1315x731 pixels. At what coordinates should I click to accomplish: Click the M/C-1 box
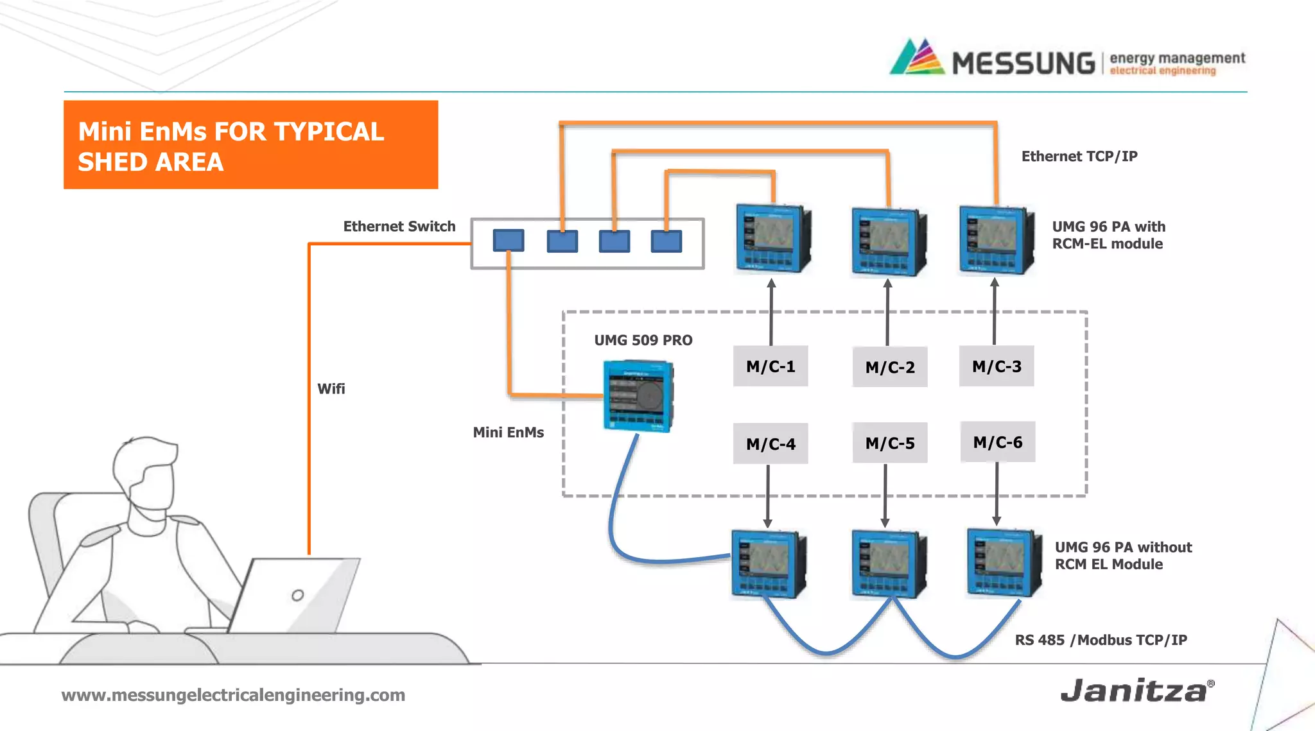click(x=771, y=366)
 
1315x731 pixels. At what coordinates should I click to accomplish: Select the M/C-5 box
click(x=890, y=443)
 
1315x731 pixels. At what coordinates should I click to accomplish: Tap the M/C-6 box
click(x=998, y=442)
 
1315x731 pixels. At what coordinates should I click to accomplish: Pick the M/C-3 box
click(x=997, y=366)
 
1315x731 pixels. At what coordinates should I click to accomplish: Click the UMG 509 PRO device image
click(x=639, y=396)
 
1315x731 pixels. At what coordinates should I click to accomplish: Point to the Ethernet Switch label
click(x=399, y=227)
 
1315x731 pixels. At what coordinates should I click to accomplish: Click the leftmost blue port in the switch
click(x=509, y=241)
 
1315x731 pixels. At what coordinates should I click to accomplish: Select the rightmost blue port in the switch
click(x=666, y=241)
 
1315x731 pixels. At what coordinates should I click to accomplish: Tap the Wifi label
click(x=331, y=389)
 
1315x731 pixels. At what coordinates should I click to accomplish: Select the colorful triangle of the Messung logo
click(x=918, y=57)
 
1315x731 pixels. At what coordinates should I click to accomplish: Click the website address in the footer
click(x=233, y=695)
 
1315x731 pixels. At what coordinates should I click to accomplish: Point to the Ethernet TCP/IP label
click(x=1079, y=157)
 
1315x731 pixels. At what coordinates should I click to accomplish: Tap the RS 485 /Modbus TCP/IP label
click(x=1101, y=640)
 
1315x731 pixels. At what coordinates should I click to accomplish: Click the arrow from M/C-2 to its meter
click(x=887, y=313)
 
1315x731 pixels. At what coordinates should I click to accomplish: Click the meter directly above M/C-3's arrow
click(x=997, y=240)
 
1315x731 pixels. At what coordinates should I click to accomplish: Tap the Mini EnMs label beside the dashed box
click(x=508, y=433)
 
